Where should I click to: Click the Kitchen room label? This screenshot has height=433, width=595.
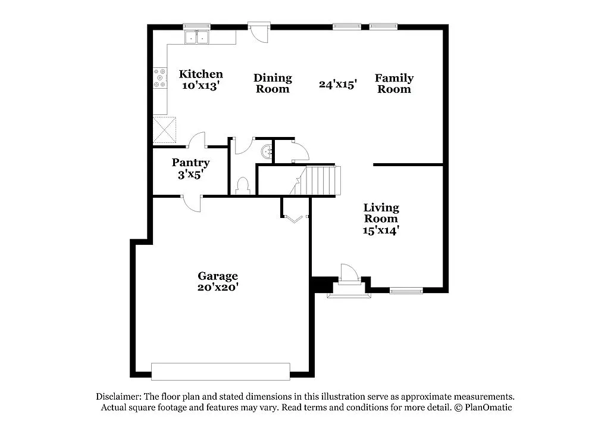click(x=201, y=74)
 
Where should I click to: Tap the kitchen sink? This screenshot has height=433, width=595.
click(x=197, y=37)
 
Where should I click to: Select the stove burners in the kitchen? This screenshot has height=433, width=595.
click(x=160, y=78)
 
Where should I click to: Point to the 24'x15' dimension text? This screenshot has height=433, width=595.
click(x=337, y=85)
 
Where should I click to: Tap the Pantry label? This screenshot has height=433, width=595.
click(x=190, y=163)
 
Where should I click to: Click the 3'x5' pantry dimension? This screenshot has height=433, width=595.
click(x=190, y=175)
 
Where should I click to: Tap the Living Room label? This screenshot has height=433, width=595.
click(x=381, y=213)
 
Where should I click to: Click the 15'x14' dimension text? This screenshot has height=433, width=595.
click(x=381, y=229)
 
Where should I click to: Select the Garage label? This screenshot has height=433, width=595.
click(x=218, y=276)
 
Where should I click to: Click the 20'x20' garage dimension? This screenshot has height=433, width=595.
click(x=218, y=286)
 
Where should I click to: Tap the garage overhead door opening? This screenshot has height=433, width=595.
click(x=221, y=372)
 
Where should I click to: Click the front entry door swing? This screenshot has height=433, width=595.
click(x=349, y=272)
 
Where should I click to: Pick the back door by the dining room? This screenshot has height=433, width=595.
click(x=259, y=33)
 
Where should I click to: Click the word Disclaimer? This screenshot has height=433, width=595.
click(x=118, y=397)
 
